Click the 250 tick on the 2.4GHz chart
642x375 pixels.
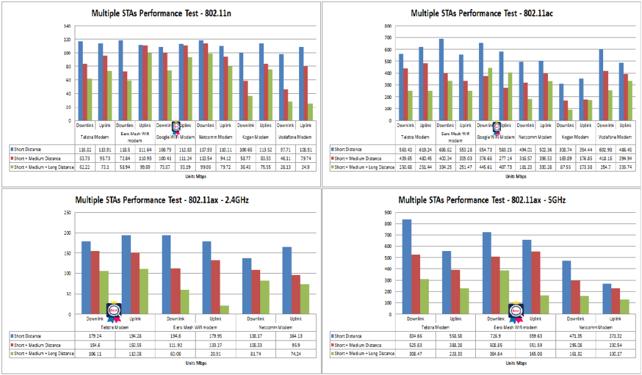[x=68, y=213]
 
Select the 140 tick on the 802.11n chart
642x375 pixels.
[x=68, y=26]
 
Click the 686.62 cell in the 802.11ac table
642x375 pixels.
[x=446, y=149]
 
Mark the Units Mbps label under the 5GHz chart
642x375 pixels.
[x=480, y=363]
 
